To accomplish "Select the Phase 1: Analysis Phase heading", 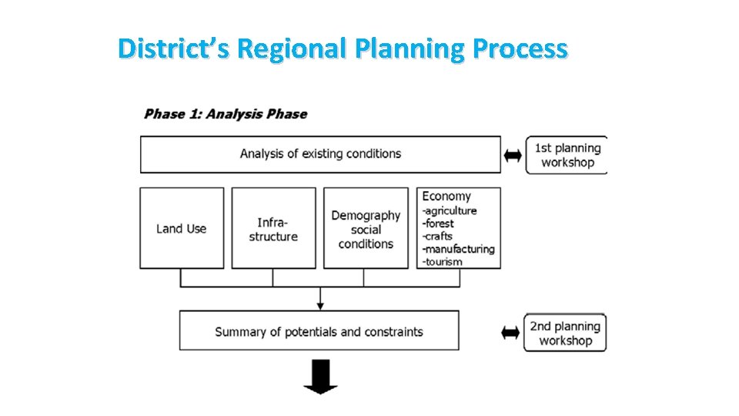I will coord(226,114).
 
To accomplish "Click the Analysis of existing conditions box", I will coord(320,154).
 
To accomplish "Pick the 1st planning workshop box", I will coord(567,155).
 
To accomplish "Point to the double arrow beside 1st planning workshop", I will coord(513,156).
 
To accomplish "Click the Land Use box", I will coord(182,228).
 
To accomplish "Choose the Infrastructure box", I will coord(273,228).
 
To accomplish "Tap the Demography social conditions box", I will coord(366,229).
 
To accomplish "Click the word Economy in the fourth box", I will coord(446,196).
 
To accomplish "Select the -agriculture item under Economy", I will coord(450,210).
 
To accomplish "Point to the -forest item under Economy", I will coord(440,223).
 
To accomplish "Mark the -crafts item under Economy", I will coord(437,236).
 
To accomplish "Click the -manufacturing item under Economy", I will coord(458,249).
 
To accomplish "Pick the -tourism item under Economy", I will coord(443,261).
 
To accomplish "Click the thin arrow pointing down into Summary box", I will coord(320,299).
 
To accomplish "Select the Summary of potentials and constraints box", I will coord(319,331).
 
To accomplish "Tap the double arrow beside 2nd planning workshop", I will coord(510,333).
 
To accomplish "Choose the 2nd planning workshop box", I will coord(565,333).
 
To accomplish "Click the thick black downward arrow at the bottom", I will coord(320,377).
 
